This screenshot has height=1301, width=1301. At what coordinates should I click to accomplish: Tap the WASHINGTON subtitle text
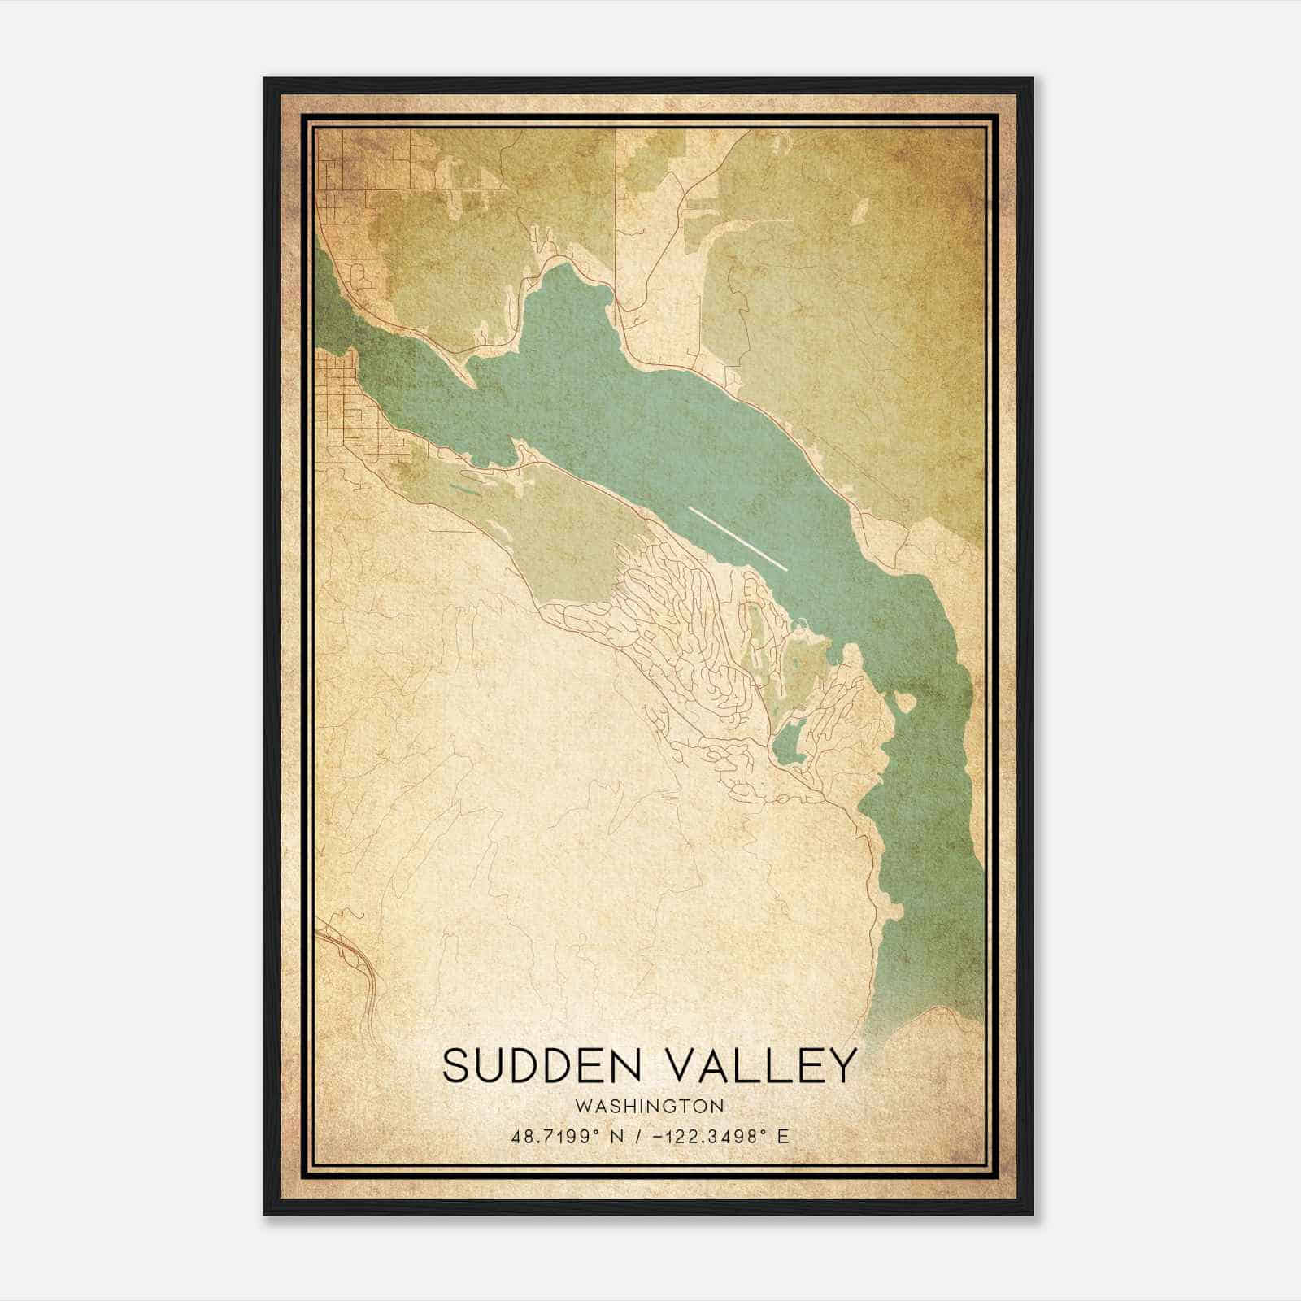click(x=649, y=1106)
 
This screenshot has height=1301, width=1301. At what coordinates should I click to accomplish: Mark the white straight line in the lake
click(x=738, y=538)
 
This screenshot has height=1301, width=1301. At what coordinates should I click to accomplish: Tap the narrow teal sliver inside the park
click(x=464, y=490)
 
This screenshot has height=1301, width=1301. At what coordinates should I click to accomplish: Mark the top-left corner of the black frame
click(x=265, y=80)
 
